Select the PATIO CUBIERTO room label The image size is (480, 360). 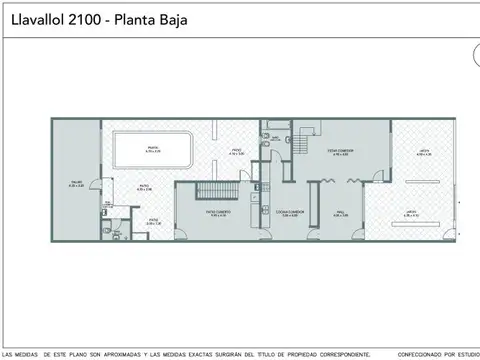tap(218, 213)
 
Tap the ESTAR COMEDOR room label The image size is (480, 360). tap(340, 153)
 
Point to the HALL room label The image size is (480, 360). tap(340, 212)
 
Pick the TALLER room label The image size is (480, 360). tap(76, 183)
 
